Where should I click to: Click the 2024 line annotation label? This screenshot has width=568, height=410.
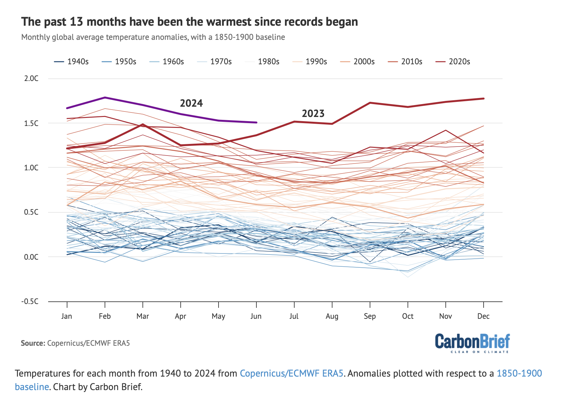tap(191, 103)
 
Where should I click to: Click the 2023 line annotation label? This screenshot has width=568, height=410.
tap(313, 113)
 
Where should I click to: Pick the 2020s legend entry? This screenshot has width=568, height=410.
tap(453, 62)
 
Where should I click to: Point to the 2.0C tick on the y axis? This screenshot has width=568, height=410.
tap(31, 78)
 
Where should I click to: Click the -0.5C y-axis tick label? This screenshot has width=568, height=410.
tap(30, 301)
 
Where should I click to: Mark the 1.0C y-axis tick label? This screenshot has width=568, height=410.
tap(31, 168)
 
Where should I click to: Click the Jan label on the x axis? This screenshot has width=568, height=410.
tap(66, 316)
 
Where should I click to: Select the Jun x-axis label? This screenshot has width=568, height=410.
tap(256, 316)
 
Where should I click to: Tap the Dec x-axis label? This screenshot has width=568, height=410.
tap(483, 316)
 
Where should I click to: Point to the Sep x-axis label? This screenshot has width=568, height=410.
tap(370, 316)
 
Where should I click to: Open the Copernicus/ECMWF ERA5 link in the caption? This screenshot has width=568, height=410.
tap(291, 373)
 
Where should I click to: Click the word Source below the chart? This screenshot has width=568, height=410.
tap(33, 343)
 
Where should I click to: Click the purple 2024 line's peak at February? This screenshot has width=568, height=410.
tap(105, 97)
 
